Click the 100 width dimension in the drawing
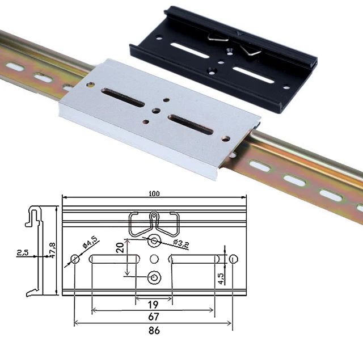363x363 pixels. pos(154,193)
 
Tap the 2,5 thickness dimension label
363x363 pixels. pos(23,252)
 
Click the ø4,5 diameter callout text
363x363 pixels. pos(91,243)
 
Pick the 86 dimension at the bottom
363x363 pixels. pos(154,330)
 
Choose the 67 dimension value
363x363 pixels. pos(154,316)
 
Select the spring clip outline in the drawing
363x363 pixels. pos(154,224)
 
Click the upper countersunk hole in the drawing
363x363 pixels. pos(154,241)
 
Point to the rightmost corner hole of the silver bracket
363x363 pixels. pos(227,138)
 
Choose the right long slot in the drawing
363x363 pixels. pos(193,259)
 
